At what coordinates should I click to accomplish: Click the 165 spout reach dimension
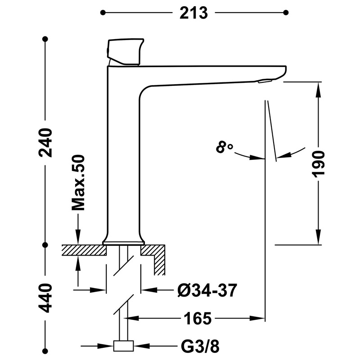197,319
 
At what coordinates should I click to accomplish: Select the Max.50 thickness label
78,183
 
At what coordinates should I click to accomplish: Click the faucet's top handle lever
125,50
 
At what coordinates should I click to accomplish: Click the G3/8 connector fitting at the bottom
123,346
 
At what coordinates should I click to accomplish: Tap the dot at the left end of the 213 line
104,13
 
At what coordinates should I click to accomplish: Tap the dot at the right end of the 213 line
287,13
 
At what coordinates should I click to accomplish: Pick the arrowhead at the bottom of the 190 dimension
319,239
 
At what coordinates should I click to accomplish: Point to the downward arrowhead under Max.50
79,239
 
